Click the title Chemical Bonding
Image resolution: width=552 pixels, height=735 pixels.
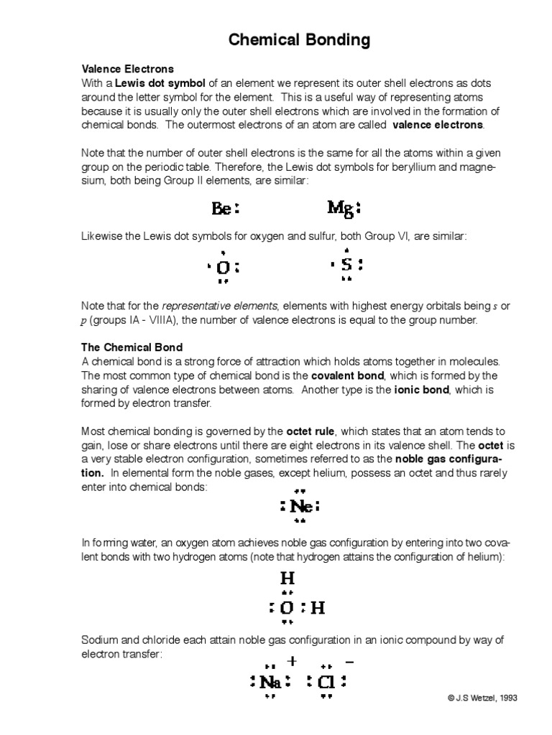pyautogui.click(x=299, y=40)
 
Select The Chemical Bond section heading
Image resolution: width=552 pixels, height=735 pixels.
pyautogui.click(x=132, y=347)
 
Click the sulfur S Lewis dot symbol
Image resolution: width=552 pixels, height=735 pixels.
pyautogui.click(x=346, y=265)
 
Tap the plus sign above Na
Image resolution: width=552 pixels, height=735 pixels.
pyautogui.click(x=292, y=661)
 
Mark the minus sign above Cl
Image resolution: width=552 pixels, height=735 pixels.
pyautogui.click(x=350, y=661)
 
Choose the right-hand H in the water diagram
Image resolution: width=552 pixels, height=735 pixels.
pyautogui.click(x=317, y=609)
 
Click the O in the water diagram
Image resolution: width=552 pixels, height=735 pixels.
pyautogui.click(x=287, y=609)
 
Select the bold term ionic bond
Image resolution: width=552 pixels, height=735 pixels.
pyautogui.click(x=421, y=390)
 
